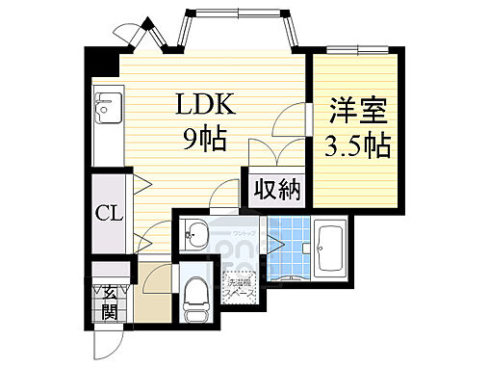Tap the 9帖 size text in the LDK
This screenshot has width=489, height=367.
coord(204,141)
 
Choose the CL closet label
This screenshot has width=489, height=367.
coord(108,214)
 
